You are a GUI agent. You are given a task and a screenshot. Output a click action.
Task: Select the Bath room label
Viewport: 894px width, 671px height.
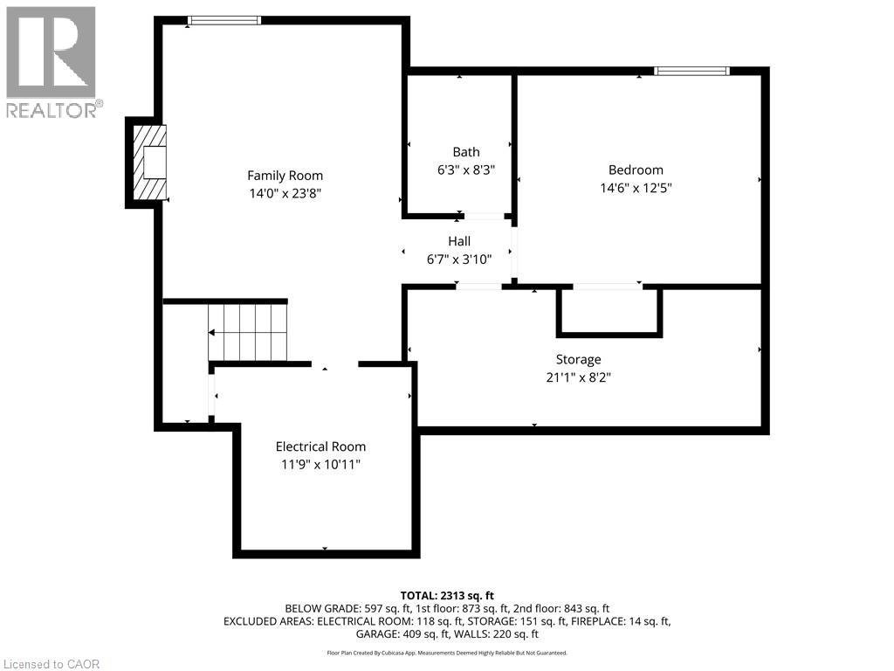point(465,152)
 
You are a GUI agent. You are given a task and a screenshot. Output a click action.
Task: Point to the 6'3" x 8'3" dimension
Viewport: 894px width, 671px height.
point(465,170)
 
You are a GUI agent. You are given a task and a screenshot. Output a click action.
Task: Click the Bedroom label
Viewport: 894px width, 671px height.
point(636,169)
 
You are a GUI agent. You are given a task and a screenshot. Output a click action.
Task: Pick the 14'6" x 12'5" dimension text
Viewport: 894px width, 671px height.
point(636,187)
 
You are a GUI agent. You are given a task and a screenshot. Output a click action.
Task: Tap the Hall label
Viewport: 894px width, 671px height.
point(459,241)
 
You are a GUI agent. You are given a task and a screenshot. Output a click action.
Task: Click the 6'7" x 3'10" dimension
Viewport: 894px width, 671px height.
point(459,259)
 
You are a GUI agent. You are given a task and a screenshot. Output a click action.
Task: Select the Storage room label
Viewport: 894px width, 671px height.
point(578,359)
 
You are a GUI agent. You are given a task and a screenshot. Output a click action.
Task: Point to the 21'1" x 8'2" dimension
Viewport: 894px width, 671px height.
point(578,377)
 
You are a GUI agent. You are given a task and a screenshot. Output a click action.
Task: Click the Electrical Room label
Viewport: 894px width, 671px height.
point(320,446)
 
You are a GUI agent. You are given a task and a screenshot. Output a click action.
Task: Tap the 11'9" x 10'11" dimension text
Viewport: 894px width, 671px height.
point(320,464)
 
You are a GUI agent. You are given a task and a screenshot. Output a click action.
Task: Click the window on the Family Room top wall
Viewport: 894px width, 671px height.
point(224,20)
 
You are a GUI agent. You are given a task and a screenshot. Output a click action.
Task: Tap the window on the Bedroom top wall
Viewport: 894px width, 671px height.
point(691,71)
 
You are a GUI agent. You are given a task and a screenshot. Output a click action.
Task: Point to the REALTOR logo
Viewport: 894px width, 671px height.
point(52,61)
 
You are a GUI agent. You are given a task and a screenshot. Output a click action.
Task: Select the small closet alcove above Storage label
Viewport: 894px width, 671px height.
point(609,309)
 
